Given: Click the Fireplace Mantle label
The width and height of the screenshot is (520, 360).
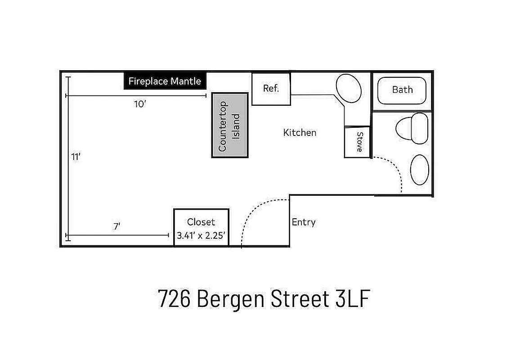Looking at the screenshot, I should (x=165, y=81).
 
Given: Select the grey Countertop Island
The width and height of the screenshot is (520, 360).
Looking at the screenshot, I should (x=230, y=125).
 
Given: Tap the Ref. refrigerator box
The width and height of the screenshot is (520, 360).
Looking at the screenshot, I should (x=271, y=89).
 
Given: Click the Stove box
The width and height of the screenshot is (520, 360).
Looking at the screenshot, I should (x=358, y=142).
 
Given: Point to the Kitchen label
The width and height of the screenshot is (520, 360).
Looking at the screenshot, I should (x=300, y=132).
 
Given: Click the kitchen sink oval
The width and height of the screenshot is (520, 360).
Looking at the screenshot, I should (x=349, y=89).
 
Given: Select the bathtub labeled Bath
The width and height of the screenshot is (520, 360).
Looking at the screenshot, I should (x=402, y=90).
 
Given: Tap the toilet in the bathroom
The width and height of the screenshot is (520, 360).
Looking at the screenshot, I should (x=412, y=128).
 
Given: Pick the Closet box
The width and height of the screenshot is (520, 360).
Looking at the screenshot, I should (x=201, y=227).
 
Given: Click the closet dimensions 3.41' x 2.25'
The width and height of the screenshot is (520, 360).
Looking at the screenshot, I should (x=201, y=234).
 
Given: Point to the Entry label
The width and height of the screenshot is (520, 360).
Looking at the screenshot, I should (x=304, y=222).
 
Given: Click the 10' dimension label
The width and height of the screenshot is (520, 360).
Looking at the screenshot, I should (x=140, y=104).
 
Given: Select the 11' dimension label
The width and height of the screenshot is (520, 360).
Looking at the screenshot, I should (x=76, y=157).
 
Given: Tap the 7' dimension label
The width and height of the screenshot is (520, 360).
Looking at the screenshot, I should (x=117, y=226).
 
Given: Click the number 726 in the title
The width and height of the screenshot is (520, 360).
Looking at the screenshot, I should (x=174, y=299).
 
